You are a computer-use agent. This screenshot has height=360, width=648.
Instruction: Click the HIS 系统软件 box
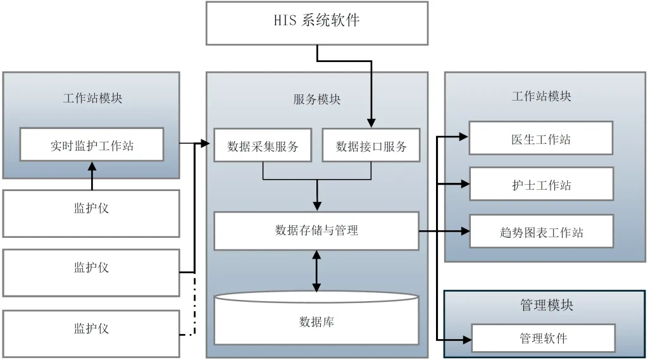[x=316, y=23]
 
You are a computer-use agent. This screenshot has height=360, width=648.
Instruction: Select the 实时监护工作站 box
[x=92, y=145]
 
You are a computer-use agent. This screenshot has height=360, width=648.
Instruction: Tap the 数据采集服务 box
[x=263, y=146]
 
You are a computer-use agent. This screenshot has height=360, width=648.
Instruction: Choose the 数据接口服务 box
[x=371, y=146]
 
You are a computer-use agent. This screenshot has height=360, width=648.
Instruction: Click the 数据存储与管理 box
[x=316, y=231]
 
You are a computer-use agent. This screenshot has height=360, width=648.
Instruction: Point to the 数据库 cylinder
[x=316, y=321]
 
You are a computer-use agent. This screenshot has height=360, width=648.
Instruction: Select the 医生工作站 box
[x=541, y=139]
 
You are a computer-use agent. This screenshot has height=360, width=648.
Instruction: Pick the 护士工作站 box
[x=541, y=185]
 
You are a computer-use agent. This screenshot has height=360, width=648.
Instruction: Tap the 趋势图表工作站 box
[x=541, y=232]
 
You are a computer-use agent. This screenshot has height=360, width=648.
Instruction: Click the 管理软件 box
[x=543, y=338]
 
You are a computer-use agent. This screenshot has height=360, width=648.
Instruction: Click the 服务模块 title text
[x=316, y=99]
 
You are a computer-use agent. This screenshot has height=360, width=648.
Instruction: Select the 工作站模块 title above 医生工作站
[x=541, y=96]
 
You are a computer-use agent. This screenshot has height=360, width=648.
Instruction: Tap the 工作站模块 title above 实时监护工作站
[x=92, y=98]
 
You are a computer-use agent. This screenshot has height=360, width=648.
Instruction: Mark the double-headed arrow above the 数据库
[x=316, y=271]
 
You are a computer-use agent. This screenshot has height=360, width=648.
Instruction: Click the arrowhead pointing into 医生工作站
[x=464, y=136]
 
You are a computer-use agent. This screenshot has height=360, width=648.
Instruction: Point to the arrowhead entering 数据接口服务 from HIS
[x=371, y=123]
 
